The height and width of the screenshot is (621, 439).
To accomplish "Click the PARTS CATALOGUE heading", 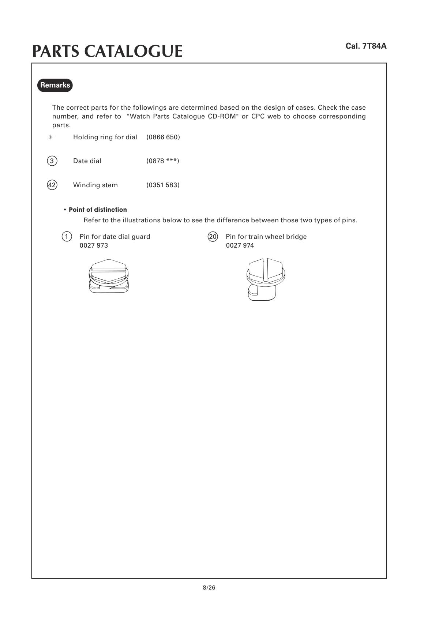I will pyautogui.click(x=107, y=51).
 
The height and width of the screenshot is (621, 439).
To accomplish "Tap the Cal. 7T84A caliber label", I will pyautogui.click(x=366, y=46).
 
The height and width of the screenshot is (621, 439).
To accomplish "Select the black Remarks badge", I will pyautogui.click(x=55, y=85).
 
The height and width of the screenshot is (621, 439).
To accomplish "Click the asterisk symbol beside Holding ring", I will pyautogui.click(x=51, y=137).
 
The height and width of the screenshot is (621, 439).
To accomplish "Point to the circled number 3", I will pyautogui.click(x=52, y=161).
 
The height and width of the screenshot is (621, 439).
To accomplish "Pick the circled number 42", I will pyautogui.click(x=52, y=185).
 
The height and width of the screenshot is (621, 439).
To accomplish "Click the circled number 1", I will pyautogui.click(x=67, y=237).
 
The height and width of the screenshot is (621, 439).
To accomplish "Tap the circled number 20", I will pyautogui.click(x=213, y=237).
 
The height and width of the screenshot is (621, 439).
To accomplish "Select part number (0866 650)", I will pyautogui.click(x=163, y=137).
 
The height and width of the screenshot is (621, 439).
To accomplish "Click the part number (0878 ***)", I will pyautogui.click(x=163, y=161).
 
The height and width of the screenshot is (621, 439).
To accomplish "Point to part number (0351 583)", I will pyautogui.click(x=163, y=185).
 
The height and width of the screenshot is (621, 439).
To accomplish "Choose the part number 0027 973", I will pyautogui.click(x=94, y=245).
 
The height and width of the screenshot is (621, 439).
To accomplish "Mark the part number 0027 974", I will pyautogui.click(x=240, y=245).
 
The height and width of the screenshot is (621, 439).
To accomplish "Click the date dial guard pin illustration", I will pyautogui.click(x=109, y=276).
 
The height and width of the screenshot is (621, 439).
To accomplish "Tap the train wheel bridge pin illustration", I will pyautogui.click(x=266, y=279).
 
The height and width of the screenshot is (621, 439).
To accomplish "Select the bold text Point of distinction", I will pyautogui.click(x=98, y=210).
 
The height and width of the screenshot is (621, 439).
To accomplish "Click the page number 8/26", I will pyautogui.click(x=209, y=588).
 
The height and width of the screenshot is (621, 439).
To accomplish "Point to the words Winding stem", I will pyautogui.click(x=95, y=185).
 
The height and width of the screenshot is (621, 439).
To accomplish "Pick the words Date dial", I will pyautogui.click(x=87, y=161).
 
